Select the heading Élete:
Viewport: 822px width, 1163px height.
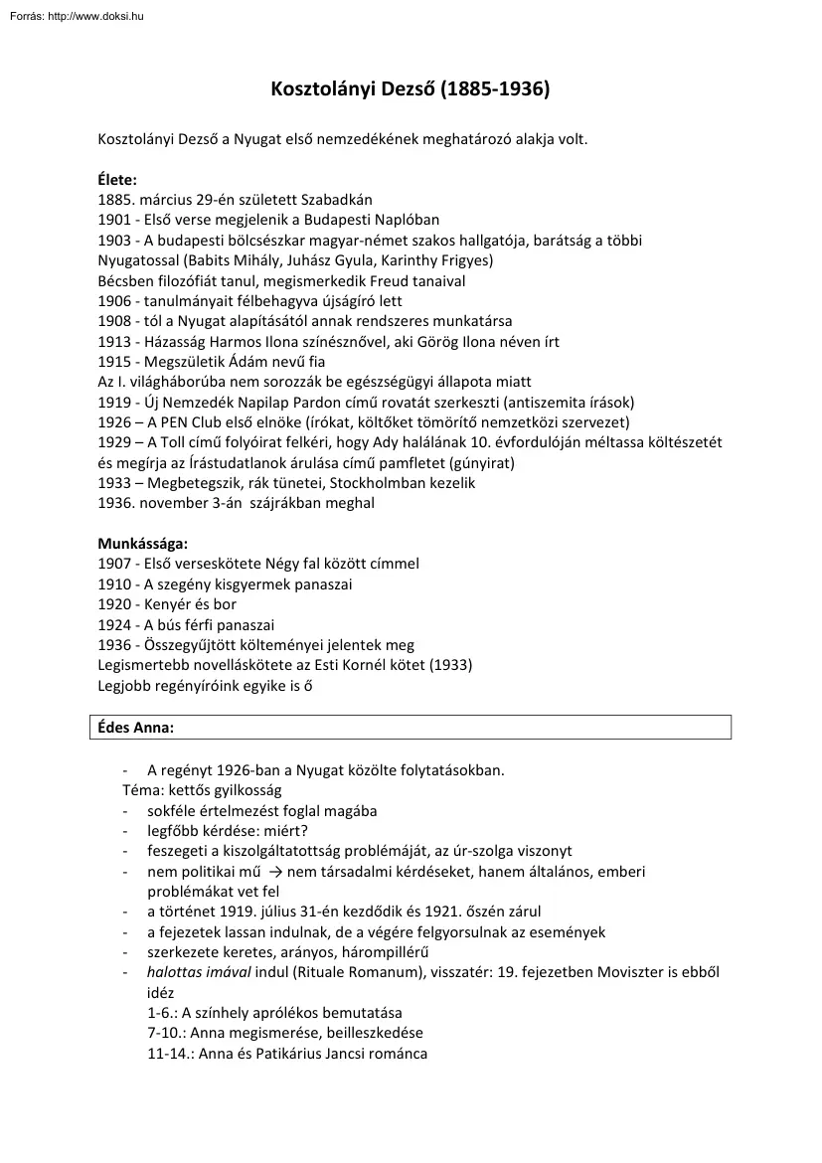coord(117,180)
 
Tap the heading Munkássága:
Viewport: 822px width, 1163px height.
coord(143,544)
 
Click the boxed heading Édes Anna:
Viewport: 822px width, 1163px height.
coord(135,728)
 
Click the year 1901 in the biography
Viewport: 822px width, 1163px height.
coord(115,220)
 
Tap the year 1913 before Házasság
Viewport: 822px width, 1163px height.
coord(115,342)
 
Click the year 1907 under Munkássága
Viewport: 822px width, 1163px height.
coord(115,564)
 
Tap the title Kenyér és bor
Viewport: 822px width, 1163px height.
coord(191,604)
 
